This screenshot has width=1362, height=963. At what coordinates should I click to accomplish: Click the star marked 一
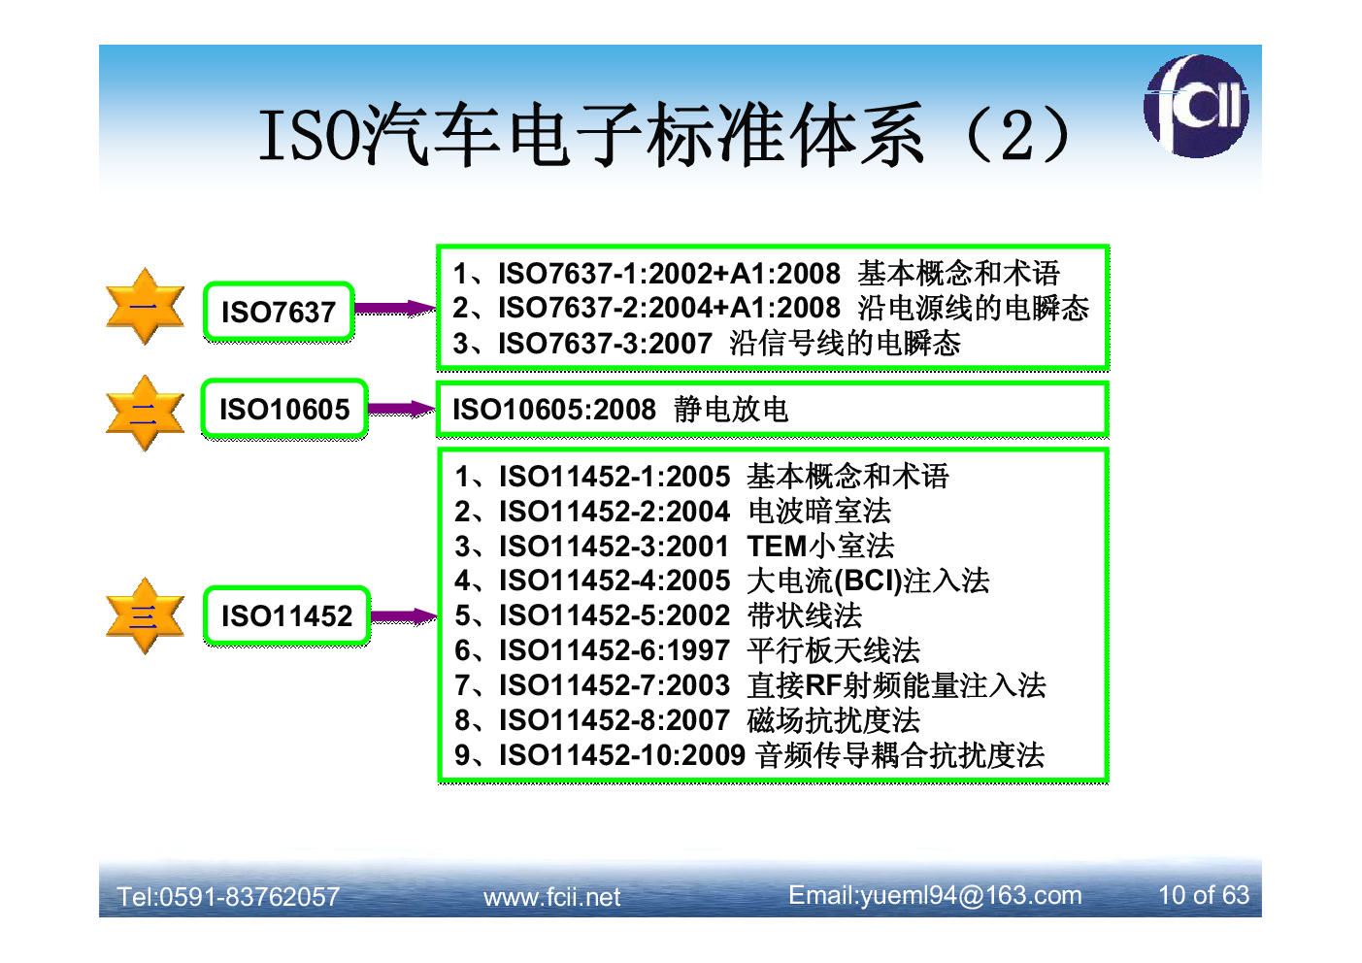coord(145,307)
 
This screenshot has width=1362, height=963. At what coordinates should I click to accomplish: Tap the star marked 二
coord(145,414)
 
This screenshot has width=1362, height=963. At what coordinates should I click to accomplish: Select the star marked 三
coord(145,615)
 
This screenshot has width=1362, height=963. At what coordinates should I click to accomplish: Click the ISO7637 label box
coord(279,312)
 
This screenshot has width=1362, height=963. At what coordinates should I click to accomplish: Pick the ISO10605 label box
coord(284,409)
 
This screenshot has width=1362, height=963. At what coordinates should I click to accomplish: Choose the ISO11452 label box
coord(287,615)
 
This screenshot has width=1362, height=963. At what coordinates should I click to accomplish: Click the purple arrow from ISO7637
coord(395,309)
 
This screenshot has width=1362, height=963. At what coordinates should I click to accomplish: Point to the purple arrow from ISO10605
coord(402,409)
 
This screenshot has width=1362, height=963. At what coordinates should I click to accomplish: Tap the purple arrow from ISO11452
coord(404,616)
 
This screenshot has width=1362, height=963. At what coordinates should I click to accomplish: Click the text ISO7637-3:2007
coord(605,344)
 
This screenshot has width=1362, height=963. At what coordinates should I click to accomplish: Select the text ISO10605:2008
coord(554,409)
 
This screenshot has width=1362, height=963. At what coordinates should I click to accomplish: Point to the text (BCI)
coord(868,581)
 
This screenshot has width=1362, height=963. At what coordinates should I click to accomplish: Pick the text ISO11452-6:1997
coord(615,650)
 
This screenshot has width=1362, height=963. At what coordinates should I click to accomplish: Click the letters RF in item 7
coord(824,685)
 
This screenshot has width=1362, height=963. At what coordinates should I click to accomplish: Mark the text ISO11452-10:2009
coord(622,755)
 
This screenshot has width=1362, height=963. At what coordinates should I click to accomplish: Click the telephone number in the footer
coord(228,897)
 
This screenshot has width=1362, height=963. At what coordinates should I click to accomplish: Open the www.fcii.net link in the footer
coord(551,897)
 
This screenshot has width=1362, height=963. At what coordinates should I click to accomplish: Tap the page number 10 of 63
coord(1204,895)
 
